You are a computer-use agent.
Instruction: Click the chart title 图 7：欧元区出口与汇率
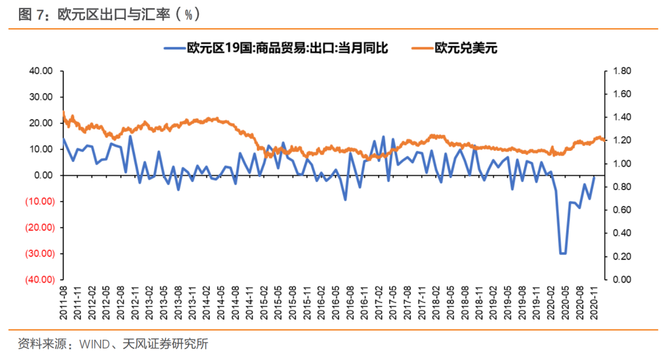click(x=101, y=13)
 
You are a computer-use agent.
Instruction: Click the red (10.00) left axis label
click(x=39, y=201)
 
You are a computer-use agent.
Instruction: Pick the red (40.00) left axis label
click(x=39, y=280)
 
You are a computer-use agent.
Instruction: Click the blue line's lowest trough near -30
click(x=562, y=253)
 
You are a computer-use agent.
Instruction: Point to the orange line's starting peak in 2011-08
click(x=63, y=112)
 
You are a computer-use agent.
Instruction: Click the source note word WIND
click(x=93, y=344)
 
